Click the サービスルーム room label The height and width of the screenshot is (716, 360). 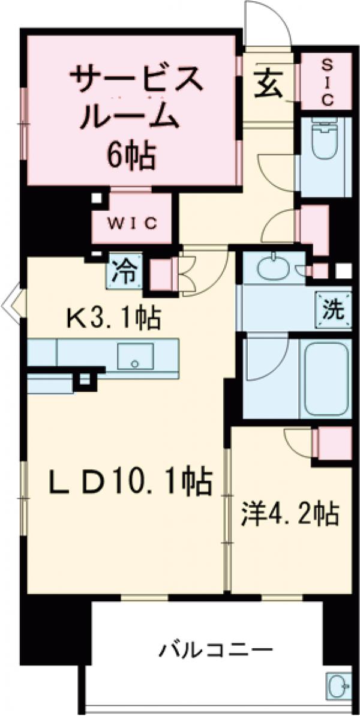coord(130,97)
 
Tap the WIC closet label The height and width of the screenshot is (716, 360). coord(132,223)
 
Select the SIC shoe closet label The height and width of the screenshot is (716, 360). coord(326,82)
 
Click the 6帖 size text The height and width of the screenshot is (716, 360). coord(131,157)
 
